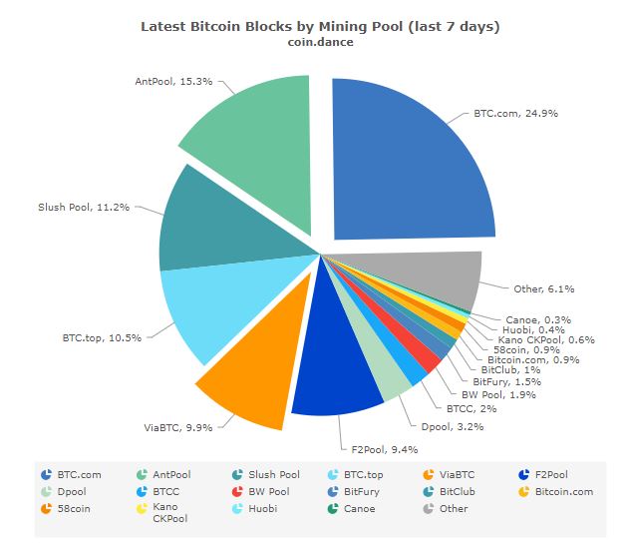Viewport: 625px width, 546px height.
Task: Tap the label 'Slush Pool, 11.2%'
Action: tap(78, 209)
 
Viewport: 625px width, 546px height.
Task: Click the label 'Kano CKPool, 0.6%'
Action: tap(550, 339)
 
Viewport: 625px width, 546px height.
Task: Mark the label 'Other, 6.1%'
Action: tap(544, 289)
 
